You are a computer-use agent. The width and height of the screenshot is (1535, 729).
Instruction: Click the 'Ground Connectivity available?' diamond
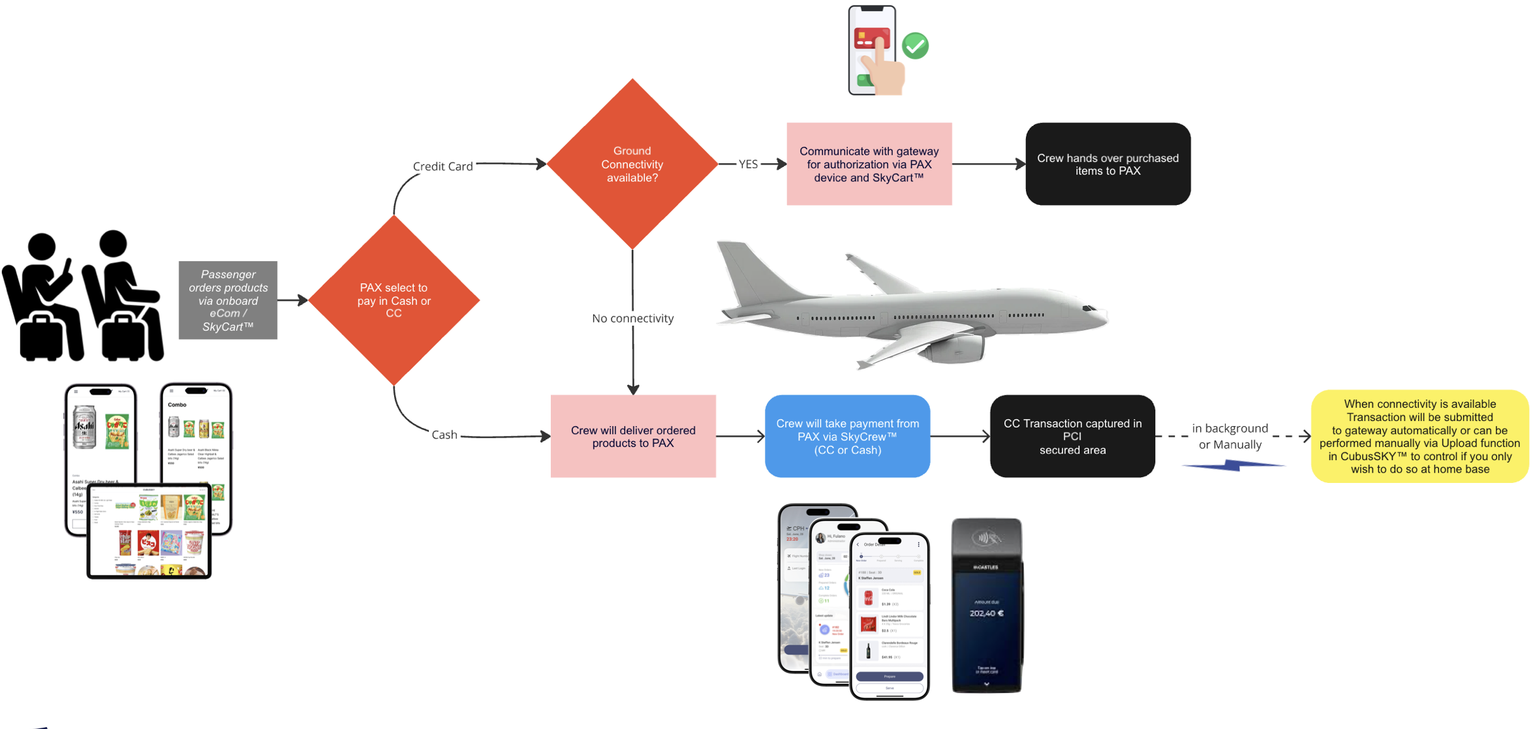click(x=632, y=164)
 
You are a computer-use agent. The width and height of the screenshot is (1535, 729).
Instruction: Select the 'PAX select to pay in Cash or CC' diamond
click(x=394, y=300)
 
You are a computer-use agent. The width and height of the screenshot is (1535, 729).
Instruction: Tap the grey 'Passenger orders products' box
click(x=228, y=300)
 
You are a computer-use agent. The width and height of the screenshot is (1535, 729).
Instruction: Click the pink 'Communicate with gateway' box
click(x=869, y=164)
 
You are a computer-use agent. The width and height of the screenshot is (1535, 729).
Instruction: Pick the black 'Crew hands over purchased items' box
click(x=1108, y=164)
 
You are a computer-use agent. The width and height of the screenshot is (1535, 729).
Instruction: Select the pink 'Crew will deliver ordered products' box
click(x=632, y=436)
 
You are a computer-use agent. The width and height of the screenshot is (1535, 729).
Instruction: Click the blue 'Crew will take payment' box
click(x=847, y=436)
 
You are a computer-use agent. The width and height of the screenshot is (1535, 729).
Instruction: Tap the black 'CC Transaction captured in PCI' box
click(x=1072, y=436)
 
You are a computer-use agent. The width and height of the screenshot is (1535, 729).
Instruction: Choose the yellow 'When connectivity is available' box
click(x=1419, y=436)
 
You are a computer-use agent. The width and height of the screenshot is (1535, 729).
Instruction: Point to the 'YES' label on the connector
click(x=748, y=164)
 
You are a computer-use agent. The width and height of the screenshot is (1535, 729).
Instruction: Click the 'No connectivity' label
click(x=632, y=318)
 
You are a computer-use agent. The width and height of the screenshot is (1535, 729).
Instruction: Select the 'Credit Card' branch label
click(x=442, y=166)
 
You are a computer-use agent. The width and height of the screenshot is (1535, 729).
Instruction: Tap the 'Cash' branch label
click(x=444, y=435)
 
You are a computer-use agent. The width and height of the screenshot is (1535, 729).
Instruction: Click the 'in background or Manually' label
click(x=1230, y=436)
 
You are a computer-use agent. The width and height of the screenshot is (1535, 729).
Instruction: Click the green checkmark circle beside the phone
click(x=915, y=46)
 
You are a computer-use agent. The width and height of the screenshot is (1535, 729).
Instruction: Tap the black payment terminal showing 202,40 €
click(x=986, y=605)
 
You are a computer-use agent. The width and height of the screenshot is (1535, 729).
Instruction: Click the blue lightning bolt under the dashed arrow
click(x=1232, y=465)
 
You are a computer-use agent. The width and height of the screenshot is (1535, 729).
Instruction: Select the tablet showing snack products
click(x=149, y=531)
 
